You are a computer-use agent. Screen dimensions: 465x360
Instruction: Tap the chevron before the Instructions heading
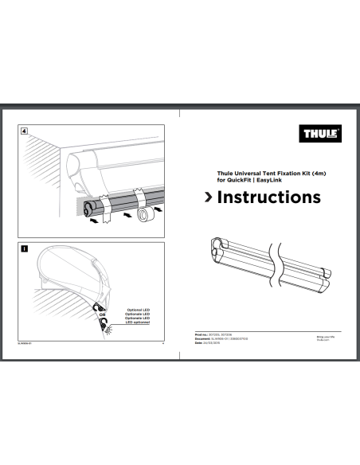208,197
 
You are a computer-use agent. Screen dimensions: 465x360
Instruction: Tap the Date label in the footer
200,344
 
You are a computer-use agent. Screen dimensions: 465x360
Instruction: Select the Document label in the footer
204,340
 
